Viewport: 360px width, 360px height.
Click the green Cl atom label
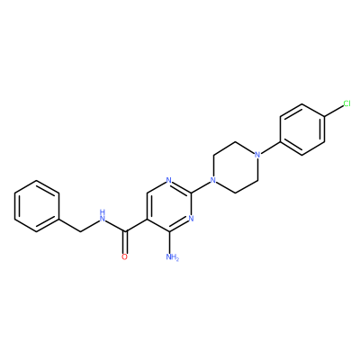(x=346, y=103)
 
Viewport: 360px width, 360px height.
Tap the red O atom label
(x=125, y=257)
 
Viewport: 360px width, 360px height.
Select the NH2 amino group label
(x=172, y=257)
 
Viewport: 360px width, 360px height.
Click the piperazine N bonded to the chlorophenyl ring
(x=256, y=155)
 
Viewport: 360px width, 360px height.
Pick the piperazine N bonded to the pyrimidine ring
(x=213, y=180)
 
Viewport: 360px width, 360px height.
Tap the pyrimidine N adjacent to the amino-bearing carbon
(x=191, y=219)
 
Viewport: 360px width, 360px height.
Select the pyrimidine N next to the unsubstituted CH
(x=169, y=180)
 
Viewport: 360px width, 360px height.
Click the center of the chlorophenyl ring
(x=302, y=130)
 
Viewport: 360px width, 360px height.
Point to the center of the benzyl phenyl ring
(x=37, y=206)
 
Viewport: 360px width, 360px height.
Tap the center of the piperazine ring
(x=235, y=167)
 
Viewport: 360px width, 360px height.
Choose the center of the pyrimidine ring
(x=169, y=206)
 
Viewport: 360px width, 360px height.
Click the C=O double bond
(x=125, y=242)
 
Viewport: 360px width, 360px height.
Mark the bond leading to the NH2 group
(x=169, y=242)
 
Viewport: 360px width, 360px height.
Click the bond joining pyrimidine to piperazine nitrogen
(x=201, y=187)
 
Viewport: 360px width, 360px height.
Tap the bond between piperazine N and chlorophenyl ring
(x=270, y=148)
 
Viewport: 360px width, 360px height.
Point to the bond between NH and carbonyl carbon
(x=115, y=226)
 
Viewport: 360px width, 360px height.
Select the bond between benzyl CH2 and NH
(x=90, y=225)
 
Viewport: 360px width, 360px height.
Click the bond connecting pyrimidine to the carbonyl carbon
(x=136, y=225)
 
